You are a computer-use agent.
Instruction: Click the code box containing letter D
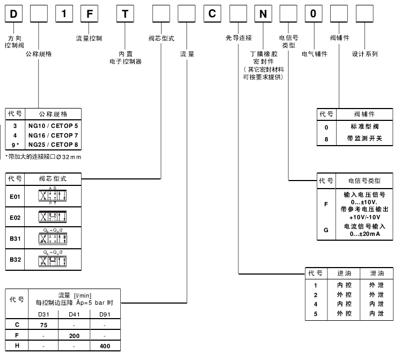coord(13,14)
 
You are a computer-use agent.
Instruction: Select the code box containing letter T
coord(125,14)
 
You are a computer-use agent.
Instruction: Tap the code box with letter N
coord(263,14)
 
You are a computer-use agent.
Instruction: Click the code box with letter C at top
coord(212,14)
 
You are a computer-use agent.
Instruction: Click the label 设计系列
coord(365,54)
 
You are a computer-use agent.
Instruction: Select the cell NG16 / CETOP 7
coord(53,135)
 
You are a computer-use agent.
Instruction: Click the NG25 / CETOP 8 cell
coord(53,144)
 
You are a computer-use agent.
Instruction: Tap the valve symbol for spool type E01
coord(53,197)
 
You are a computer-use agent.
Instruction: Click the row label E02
coord(15,217)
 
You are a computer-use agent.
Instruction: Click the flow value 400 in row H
coord(105,346)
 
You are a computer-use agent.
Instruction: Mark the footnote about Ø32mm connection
coord(43,156)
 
